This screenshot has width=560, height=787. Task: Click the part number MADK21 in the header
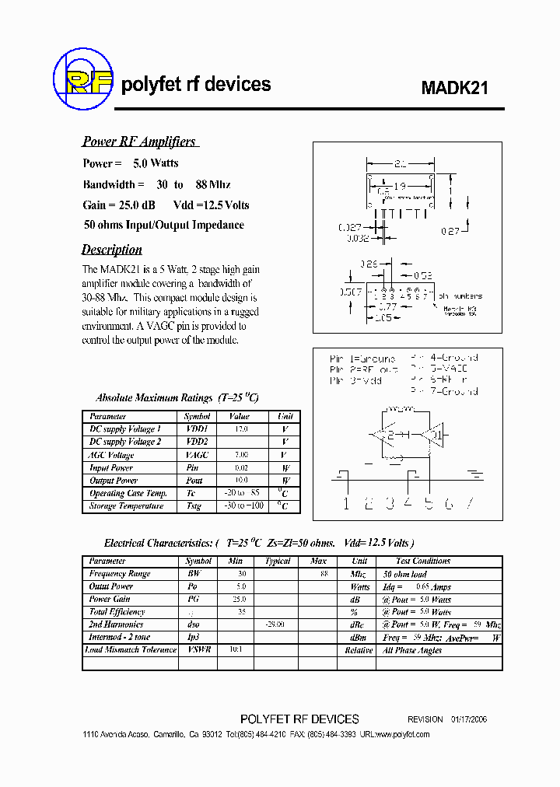pyautogui.click(x=455, y=89)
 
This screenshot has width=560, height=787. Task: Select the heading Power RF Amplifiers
pyautogui.click(x=139, y=142)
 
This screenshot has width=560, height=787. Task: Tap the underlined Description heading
pyautogui.click(x=112, y=250)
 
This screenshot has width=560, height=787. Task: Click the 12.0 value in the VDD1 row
pyautogui.click(x=240, y=429)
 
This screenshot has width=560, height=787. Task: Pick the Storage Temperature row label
pyautogui.click(x=126, y=506)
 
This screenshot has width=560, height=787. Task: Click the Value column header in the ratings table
pyautogui.click(x=240, y=417)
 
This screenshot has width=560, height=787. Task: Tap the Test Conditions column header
pyautogui.click(x=422, y=561)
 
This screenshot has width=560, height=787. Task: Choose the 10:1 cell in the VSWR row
pyautogui.click(x=236, y=649)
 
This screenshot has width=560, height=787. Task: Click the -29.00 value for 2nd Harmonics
pyautogui.click(x=276, y=624)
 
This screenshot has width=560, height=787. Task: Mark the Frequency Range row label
pyautogui.click(x=120, y=574)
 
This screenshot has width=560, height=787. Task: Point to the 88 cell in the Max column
pyautogui.click(x=323, y=574)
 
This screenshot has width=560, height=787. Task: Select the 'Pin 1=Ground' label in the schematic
pyautogui.click(x=362, y=359)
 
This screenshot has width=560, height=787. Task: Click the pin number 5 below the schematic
pyautogui.click(x=427, y=503)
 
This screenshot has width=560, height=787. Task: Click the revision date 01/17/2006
pyautogui.click(x=470, y=719)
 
